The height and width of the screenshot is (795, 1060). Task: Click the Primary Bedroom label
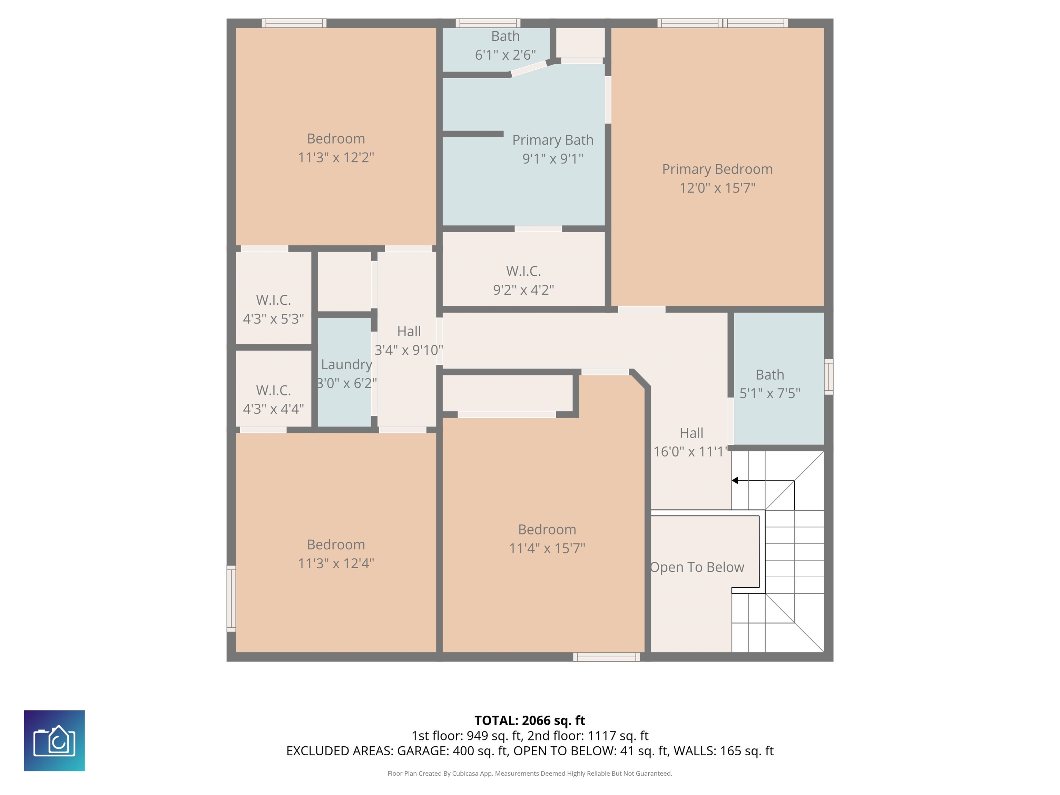[x=717, y=169]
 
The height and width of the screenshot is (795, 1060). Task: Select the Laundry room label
[x=346, y=365]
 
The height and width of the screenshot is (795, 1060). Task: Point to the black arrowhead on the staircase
[x=735, y=480]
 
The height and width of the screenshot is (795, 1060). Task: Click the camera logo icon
[x=54, y=740]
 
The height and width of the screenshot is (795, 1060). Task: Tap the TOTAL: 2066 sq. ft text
[x=530, y=721]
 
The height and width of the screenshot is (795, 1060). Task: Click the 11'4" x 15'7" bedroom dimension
[x=547, y=548]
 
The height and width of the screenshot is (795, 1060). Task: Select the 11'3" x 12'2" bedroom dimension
[x=336, y=157]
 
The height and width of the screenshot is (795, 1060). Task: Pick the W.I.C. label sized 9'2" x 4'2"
[x=523, y=271]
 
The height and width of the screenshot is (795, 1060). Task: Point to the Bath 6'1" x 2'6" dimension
[x=505, y=55]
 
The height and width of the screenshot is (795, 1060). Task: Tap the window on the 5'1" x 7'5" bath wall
[x=828, y=377]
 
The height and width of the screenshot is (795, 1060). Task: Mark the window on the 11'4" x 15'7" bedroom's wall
[x=606, y=657]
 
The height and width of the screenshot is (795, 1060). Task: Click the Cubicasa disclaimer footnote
[x=530, y=774]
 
